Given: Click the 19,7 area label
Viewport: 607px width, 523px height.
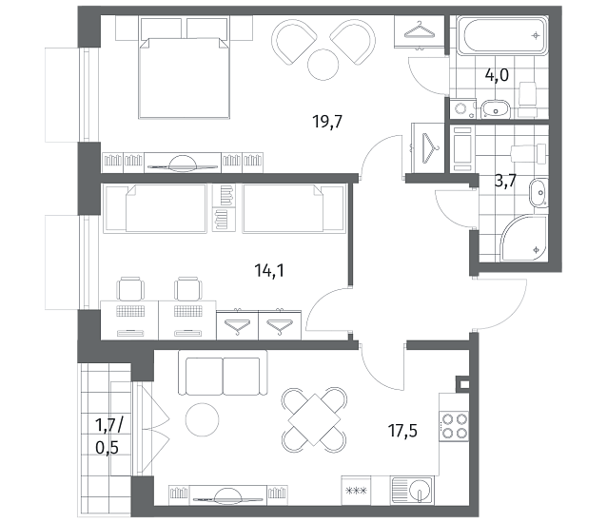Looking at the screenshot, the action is point(327,123).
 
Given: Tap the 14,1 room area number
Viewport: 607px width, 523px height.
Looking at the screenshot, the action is point(269,270).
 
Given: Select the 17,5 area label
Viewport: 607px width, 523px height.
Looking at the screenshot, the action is point(402,431).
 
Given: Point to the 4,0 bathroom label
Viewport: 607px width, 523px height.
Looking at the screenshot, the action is point(497,75).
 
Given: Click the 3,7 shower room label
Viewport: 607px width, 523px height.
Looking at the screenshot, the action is point(505,181).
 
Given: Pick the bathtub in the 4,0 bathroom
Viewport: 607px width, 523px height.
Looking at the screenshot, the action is point(502,35).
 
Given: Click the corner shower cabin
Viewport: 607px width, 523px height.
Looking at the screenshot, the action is point(524,239).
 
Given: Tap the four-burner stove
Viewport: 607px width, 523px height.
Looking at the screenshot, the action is point(454,426).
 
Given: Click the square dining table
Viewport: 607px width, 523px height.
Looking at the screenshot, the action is point(314,419).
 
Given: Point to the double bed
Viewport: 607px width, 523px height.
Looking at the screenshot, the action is point(184,77).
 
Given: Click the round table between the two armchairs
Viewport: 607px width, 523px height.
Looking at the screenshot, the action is point(323,65).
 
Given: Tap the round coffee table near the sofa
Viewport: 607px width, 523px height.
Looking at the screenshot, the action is point(202,419).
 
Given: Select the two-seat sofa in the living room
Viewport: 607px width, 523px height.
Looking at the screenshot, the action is point(223,373).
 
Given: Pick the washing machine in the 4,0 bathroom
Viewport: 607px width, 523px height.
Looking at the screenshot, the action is point(462,108).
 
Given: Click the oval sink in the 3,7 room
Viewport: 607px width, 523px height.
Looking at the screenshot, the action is point(538,193).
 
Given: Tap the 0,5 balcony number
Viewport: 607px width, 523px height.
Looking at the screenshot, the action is point(107,448).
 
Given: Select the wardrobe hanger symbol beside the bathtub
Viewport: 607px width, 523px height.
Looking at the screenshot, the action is point(419,30).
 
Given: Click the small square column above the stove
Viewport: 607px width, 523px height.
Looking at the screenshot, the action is point(464,384).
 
